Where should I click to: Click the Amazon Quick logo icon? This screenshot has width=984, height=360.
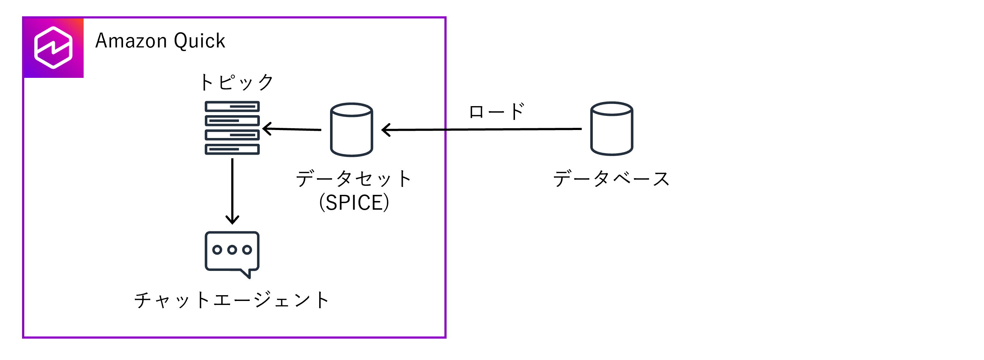click(54, 48)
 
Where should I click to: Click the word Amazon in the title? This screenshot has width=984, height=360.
click(131, 41)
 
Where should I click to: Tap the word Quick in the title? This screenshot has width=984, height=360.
click(199, 41)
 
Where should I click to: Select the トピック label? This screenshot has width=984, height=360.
click(237, 82)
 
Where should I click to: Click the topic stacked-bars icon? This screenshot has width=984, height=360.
click(232, 127)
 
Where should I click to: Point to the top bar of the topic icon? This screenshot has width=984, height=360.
click(232, 106)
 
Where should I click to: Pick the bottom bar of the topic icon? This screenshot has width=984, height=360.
click(232, 149)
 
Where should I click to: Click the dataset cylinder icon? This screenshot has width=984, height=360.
click(351, 130)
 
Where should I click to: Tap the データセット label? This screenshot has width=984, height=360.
click(354, 179)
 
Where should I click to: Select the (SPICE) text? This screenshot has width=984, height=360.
click(354, 202)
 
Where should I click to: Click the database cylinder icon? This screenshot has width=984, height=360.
click(612, 129)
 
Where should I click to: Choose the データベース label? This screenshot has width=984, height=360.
click(611, 179)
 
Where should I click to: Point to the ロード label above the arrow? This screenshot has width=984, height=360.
click(497, 111)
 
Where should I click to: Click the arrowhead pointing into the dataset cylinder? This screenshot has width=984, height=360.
click(386, 130)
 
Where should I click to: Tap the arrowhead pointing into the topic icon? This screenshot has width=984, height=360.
click(267, 129)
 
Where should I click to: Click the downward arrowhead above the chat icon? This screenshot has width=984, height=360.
click(232, 220)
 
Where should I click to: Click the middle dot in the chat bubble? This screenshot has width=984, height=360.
click(232, 250)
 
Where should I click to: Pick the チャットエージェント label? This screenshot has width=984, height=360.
click(232, 300)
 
